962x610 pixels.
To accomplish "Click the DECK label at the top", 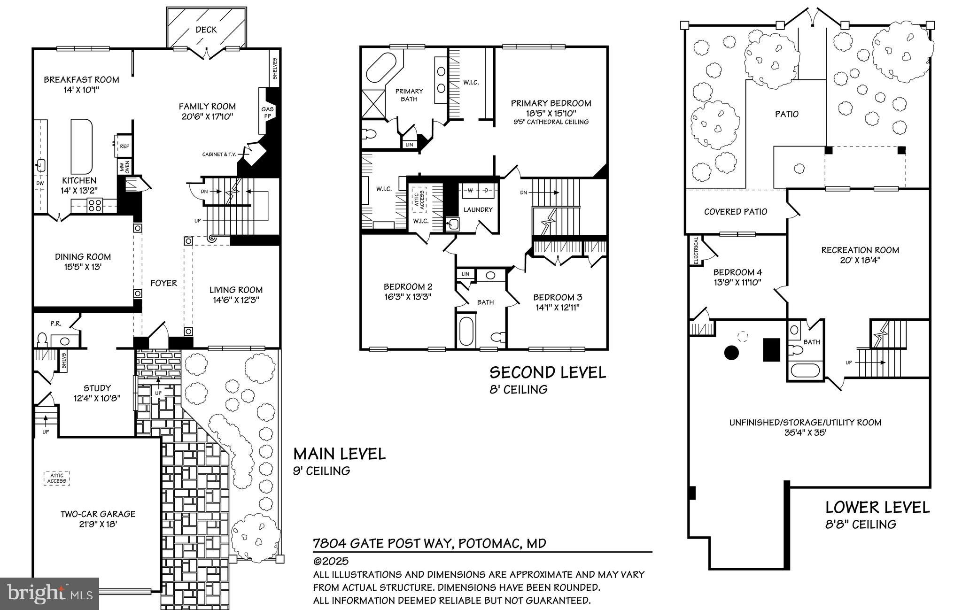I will pos(206,30).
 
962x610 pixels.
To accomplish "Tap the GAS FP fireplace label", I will pos(267,113).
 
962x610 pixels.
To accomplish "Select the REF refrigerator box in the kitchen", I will pos(124,147).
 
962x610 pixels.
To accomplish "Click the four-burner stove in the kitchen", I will pos(95,204).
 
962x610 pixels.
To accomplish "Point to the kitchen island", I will pos(81,146).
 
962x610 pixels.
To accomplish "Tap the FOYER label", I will pos(163,283).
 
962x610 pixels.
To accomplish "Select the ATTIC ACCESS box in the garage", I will pos(57,478).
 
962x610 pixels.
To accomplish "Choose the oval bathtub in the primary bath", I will pos(381,68).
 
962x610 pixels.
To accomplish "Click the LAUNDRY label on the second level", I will pos(478,209).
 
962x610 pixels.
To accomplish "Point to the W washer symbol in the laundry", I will pos(469,191).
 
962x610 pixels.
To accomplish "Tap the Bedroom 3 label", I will pos(557,297).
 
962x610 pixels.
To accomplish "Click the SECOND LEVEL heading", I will pos(548,372).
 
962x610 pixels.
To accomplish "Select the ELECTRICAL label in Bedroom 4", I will pos(696,251).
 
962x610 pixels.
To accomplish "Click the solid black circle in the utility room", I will pos(731,352).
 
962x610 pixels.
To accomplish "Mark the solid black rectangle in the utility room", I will pos(771,349).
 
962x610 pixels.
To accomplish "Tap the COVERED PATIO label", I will pos(735,212).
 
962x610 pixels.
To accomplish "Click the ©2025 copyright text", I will pos(331,561).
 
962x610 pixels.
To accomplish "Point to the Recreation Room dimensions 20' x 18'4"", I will pos(860,260).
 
